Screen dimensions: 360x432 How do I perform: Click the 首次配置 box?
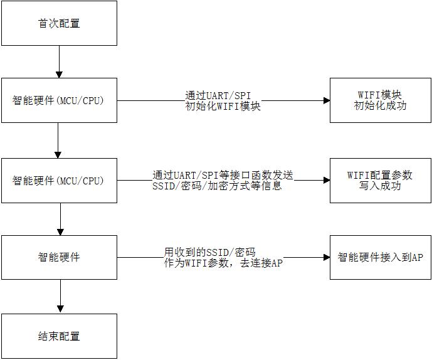click(x=59, y=23)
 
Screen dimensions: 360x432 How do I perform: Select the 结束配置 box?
click(x=59, y=336)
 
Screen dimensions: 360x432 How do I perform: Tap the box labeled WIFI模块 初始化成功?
click(x=381, y=100)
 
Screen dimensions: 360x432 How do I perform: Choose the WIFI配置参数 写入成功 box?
click(x=381, y=180)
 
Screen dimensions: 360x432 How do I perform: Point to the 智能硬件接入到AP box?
click(x=381, y=258)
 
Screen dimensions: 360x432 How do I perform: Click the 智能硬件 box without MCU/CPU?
click(x=59, y=258)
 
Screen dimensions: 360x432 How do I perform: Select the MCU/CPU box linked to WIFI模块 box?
click(x=59, y=100)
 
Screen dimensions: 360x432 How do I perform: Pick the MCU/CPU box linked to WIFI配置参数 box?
click(x=59, y=180)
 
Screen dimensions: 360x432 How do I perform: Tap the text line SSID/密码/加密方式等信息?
click(x=217, y=186)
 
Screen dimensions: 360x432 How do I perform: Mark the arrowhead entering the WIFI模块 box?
click(x=326, y=100)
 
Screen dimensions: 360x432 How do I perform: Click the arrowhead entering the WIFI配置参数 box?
click(x=326, y=180)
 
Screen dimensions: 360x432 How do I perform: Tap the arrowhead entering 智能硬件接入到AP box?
click(x=326, y=258)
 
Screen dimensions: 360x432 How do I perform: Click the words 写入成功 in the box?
click(x=381, y=186)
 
